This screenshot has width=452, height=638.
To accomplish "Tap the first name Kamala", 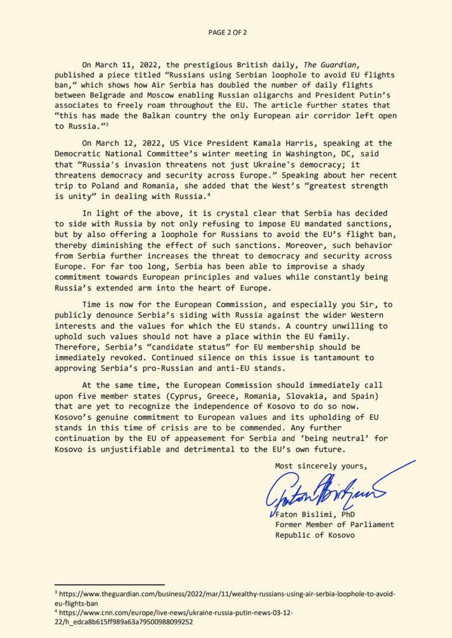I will (299, 143).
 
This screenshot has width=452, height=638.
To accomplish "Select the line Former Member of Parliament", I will (334, 525).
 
